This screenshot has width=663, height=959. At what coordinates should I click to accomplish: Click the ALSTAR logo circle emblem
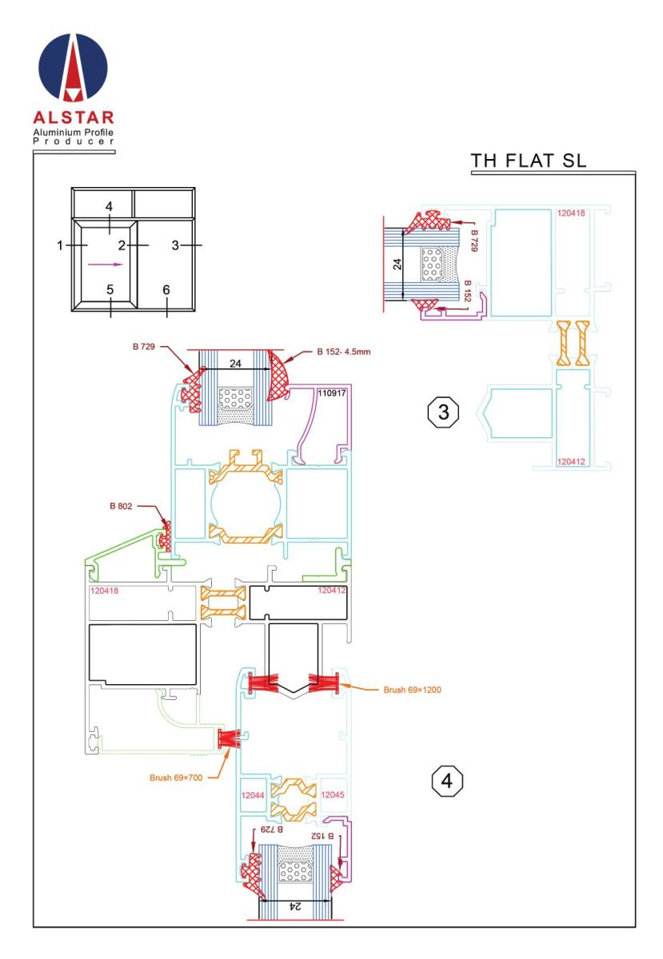[73, 67]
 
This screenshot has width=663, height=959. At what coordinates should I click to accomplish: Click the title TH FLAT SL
[529, 161]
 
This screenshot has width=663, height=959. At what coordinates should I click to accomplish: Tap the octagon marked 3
[443, 412]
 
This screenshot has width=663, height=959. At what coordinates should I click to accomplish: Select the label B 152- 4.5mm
[344, 352]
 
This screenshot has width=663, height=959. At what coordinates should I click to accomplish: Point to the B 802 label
[121, 506]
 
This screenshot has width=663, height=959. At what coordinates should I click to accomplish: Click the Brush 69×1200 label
[412, 690]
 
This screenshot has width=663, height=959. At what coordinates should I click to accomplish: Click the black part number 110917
[332, 392]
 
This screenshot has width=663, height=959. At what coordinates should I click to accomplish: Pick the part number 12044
[253, 795]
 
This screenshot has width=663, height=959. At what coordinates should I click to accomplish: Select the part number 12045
[332, 794]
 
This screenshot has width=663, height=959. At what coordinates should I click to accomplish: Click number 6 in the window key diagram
[166, 290]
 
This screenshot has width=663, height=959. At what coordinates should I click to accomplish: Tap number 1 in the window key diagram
[60, 245]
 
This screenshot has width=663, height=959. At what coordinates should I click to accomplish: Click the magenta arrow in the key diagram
[106, 265]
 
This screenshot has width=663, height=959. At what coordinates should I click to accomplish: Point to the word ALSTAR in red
[74, 117]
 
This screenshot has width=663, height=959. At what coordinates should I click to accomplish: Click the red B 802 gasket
[165, 536]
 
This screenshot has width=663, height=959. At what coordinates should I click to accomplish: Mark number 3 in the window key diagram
[175, 245]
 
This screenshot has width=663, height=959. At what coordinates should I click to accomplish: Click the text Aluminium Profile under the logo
[74, 133]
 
